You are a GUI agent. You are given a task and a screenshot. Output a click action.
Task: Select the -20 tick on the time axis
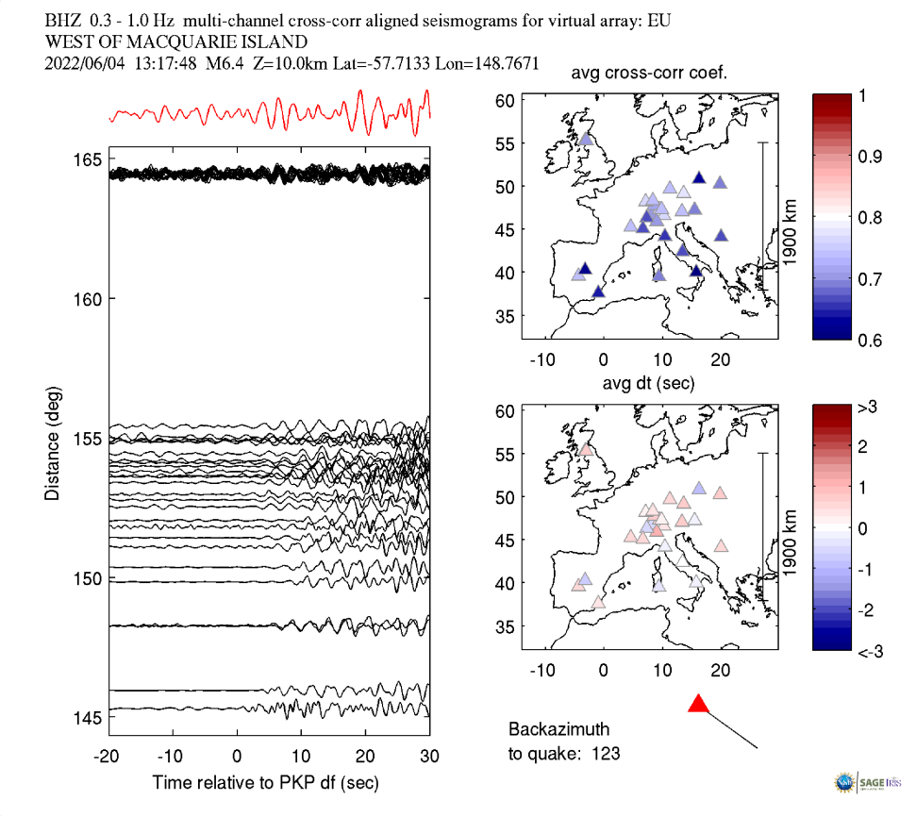tap(107, 757)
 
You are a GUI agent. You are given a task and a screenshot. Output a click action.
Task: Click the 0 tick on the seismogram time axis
tap(237, 757)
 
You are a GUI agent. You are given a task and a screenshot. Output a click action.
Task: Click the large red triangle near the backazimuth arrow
tap(698, 704)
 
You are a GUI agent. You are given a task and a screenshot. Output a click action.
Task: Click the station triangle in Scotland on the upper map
tap(586, 140)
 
